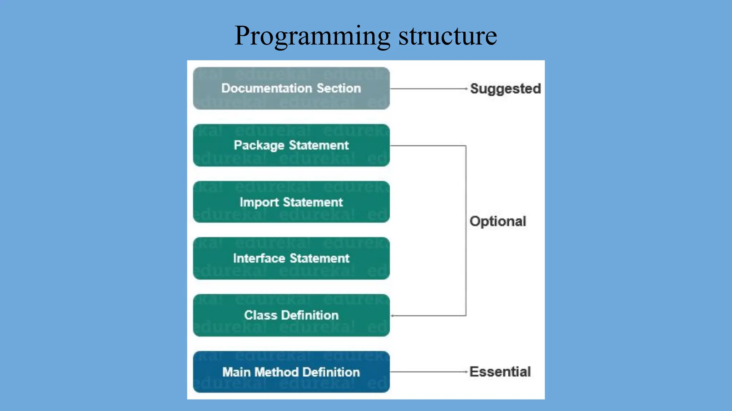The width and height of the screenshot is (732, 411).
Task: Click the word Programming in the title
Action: [312, 36]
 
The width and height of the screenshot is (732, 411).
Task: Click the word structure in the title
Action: [447, 36]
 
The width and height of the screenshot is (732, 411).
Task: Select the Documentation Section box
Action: [291, 88]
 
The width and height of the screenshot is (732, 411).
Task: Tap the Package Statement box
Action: [291, 145]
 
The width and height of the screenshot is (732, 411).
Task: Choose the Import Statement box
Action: [291, 202]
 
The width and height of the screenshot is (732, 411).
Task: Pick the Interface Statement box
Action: [291, 258]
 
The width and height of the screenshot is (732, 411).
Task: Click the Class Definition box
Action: [291, 315]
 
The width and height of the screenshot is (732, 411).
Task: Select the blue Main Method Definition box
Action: [291, 372]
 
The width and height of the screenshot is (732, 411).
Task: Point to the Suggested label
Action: [505, 88]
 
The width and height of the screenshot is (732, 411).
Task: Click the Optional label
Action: [498, 221]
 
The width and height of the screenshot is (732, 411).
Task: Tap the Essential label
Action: [500, 372]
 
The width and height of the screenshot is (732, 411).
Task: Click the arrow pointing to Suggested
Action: [429, 88]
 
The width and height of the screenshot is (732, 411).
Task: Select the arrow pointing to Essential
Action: [429, 372]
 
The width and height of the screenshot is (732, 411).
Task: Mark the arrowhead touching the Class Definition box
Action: [392, 316]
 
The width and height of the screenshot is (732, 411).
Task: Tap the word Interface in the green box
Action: [259, 258]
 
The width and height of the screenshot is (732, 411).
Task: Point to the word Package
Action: [259, 146]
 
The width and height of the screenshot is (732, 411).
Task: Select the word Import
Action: [259, 202]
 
